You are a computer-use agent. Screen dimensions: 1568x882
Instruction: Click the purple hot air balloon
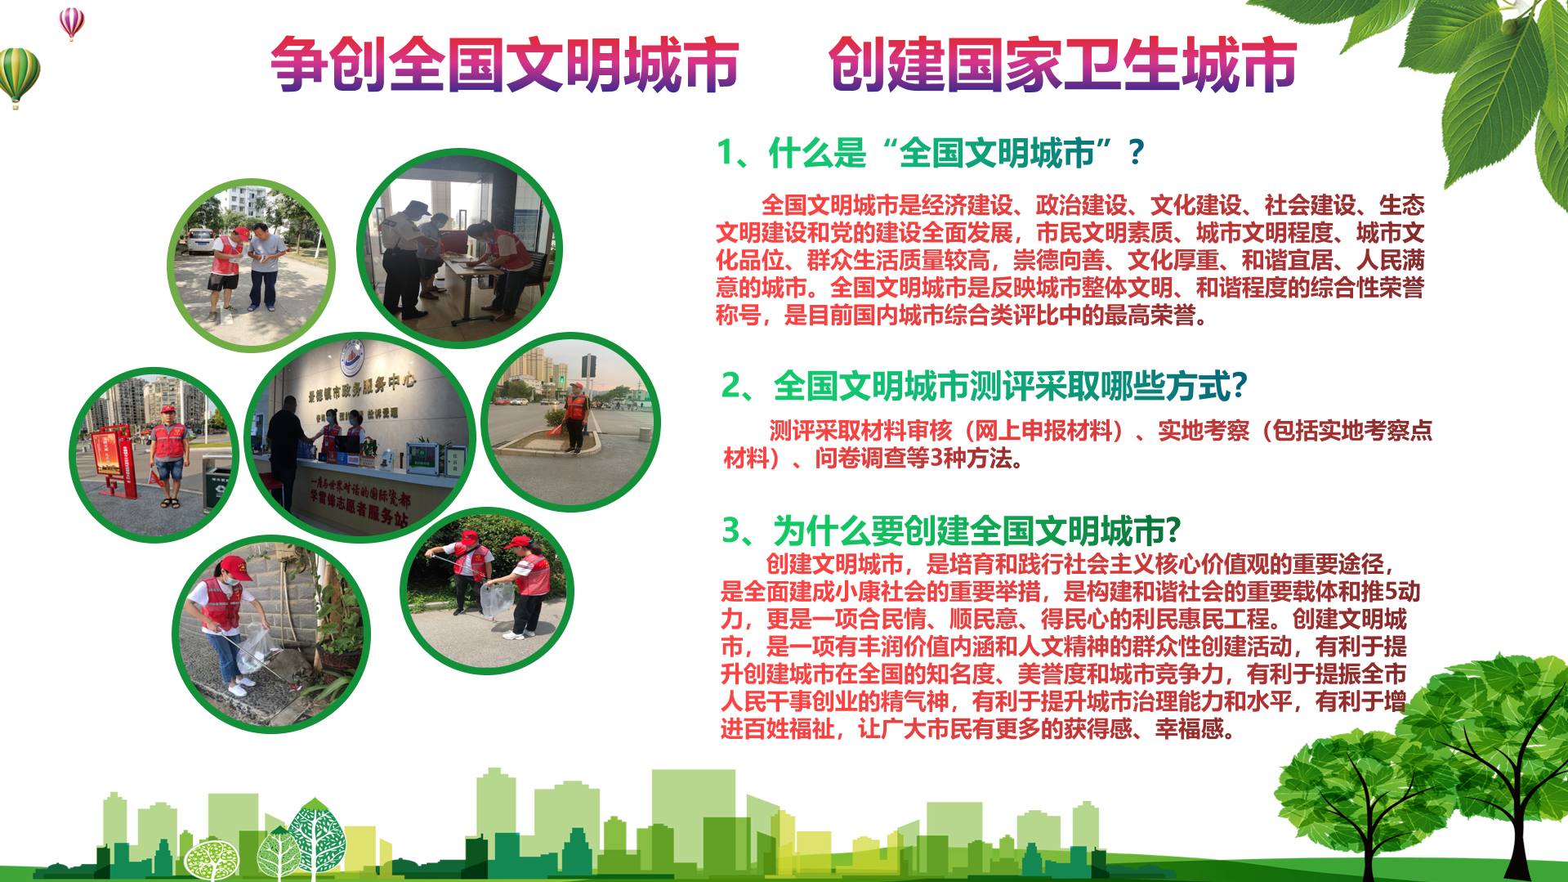[x=72, y=22]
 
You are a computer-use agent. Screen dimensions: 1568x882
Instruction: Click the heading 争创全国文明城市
[x=504, y=64]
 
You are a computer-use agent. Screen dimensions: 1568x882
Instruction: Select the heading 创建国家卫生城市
[x=1062, y=64]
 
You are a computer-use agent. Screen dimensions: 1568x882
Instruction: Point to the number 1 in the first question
[x=725, y=153]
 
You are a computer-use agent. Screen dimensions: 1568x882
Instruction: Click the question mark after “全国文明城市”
[x=1136, y=153]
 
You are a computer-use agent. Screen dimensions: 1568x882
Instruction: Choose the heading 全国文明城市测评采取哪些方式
[x=1001, y=386]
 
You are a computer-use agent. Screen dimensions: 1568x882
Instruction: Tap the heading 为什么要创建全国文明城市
[x=968, y=531]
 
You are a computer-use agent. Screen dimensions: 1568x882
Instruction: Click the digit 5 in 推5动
[x=1391, y=591]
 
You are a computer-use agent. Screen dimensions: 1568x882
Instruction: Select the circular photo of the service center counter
[x=360, y=437]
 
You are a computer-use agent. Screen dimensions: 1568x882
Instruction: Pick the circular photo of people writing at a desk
[x=460, y=248]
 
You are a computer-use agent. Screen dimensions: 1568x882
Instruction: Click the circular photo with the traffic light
[x=570, y=422]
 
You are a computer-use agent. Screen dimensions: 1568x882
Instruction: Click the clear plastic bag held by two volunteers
[x=496, y=599]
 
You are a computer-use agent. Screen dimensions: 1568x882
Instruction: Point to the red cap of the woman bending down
[x=235, y=566]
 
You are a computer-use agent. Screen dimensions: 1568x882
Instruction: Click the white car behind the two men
[x=199, y=240]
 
